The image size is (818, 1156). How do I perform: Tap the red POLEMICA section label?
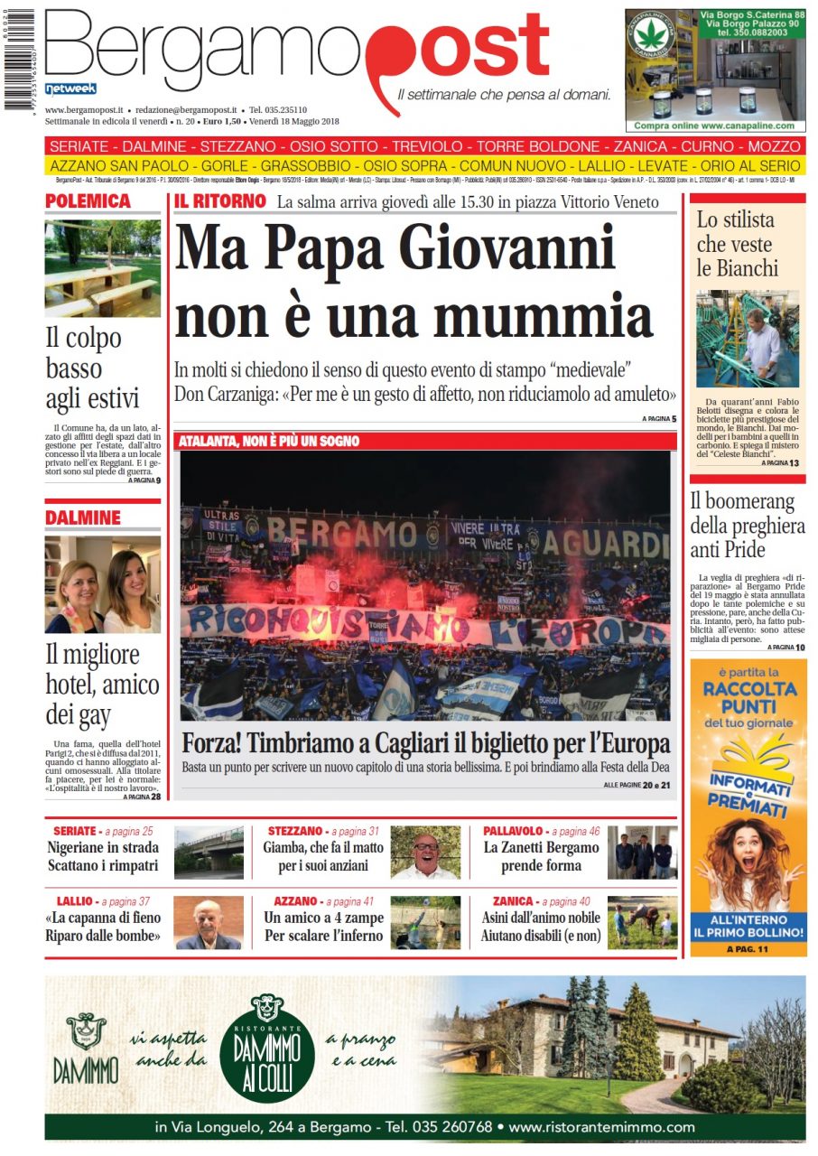[x=88, y=200]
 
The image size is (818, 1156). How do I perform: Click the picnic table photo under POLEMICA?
[x=102, y=268]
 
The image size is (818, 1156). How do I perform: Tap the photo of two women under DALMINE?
[x=102, y=584]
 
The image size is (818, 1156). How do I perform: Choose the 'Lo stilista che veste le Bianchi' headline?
[x=736, y=244]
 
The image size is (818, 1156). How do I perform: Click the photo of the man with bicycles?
[x=747, y=338]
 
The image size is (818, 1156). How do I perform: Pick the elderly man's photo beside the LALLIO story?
[x=209, y=923]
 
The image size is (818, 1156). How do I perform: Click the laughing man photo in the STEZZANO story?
[x=425, y=852]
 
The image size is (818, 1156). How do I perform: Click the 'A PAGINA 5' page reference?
[x=659, y=419]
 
